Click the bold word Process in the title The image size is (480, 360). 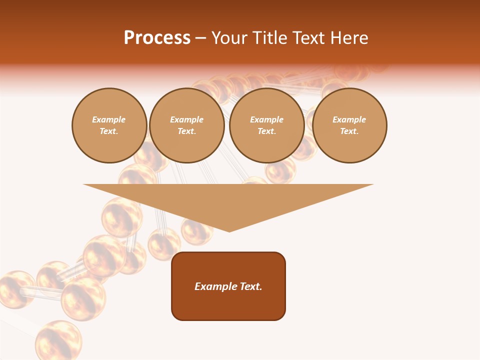(x=157, y=38)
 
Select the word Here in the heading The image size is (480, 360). (x=348, y=38)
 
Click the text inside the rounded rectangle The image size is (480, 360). (x=228, y=286)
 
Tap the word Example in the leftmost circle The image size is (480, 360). (x=109, y=119)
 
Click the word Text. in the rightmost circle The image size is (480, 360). (x=349, y=131)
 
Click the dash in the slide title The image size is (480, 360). (x=200, y=38)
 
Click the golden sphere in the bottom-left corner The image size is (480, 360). (x=58, y=340)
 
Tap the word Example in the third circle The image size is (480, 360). (x=266, y=119)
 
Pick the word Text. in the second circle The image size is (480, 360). (x=186, y=131)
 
